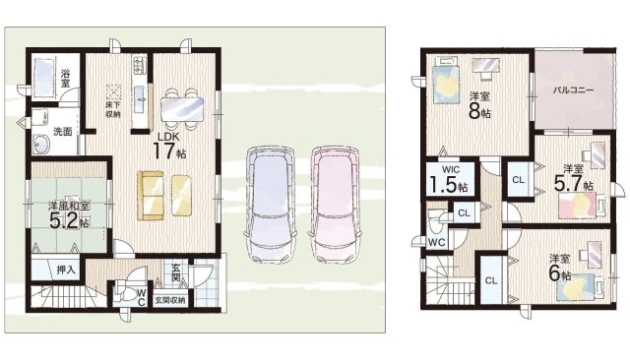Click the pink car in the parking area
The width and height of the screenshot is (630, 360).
(335, 205)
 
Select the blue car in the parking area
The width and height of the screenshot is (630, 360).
(271, 205)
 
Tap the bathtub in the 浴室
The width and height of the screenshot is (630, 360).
(43, 79)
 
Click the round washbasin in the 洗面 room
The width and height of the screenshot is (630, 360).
(40, 145)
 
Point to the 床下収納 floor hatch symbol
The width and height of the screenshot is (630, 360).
(114, 92)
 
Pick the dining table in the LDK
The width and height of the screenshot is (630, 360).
(182, 109)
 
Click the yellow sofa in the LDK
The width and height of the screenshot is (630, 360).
(151, 196)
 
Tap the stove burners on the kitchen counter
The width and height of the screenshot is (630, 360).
(140, 66)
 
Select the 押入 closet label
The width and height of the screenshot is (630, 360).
(66, 270)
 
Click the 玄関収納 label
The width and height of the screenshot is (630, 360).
(169, 300)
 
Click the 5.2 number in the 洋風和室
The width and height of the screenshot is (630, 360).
(63, 220)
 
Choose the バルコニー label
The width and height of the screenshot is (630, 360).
(573, 90)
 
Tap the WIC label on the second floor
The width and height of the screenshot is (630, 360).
(451, 170)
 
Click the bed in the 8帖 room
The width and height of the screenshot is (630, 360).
(446, 83)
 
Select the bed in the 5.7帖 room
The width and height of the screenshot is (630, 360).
(582, 206)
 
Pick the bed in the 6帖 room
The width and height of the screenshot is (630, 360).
(580, 287)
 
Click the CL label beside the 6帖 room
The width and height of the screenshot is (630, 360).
(491, 281)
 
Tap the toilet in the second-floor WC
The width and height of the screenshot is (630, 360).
(435, 223)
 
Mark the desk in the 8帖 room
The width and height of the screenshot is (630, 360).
(485, 65)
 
